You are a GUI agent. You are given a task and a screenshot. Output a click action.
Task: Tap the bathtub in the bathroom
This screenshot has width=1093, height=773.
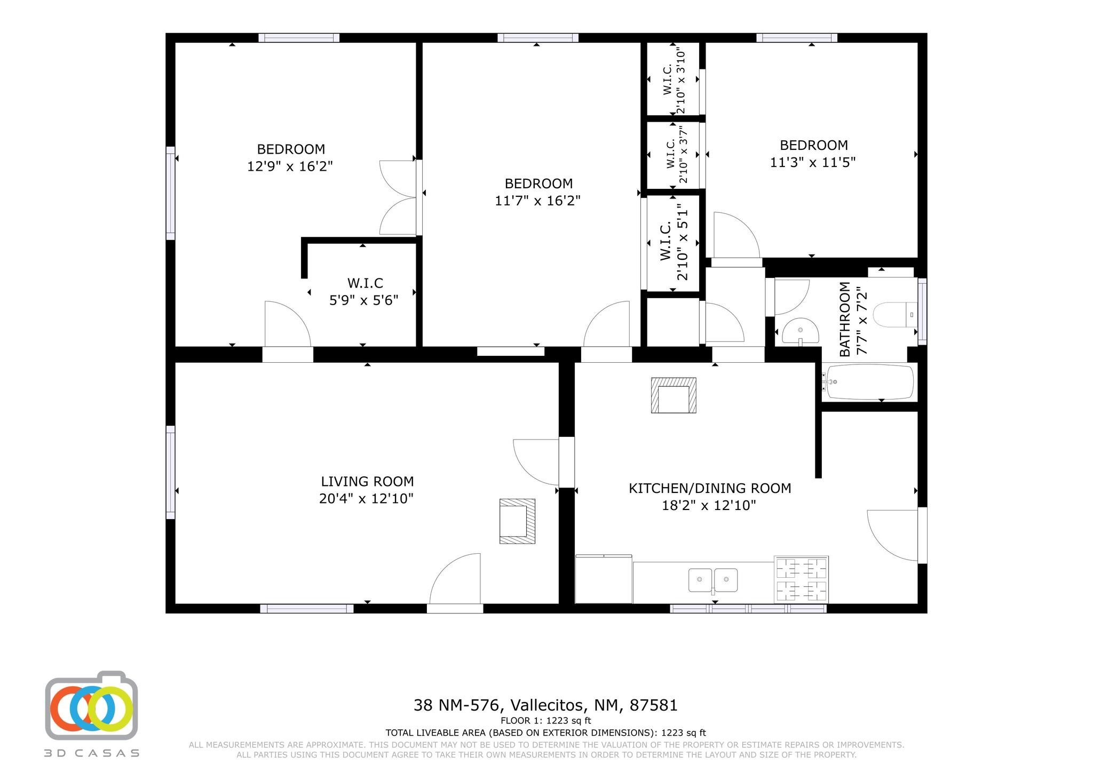(868, 381)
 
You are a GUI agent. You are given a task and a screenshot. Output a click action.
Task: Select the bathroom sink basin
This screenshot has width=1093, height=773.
(800, 331)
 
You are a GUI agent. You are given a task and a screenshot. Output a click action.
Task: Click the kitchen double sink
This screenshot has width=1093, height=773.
(713, 580)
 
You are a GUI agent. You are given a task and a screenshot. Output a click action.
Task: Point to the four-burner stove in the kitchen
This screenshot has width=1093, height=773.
(801, 579)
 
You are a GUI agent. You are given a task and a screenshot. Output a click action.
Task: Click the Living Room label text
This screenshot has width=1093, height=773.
(367, 482)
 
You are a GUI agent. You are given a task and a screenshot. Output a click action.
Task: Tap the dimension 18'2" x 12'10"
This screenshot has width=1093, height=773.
(709, 505)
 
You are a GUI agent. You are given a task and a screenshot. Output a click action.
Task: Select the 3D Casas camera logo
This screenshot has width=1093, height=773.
(91, 705)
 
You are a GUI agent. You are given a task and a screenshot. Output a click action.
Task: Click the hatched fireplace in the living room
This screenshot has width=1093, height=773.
(517, 521)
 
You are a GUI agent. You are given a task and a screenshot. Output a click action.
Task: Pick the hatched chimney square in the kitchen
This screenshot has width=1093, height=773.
(674, 395)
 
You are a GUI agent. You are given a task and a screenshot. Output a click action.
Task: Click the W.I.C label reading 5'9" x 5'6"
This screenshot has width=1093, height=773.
(365, 291)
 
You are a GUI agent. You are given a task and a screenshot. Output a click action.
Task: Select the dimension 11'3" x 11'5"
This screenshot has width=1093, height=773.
(813, 162)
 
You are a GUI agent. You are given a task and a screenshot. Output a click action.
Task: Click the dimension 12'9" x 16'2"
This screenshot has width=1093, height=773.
(290, 166)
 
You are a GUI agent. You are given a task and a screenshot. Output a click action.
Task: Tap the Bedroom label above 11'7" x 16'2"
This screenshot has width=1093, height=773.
(538, 184)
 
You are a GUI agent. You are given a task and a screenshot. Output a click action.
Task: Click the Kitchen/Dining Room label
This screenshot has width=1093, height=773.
(710, 488)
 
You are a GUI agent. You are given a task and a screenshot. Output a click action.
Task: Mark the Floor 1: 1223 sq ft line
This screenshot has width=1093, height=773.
(545, 721)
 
